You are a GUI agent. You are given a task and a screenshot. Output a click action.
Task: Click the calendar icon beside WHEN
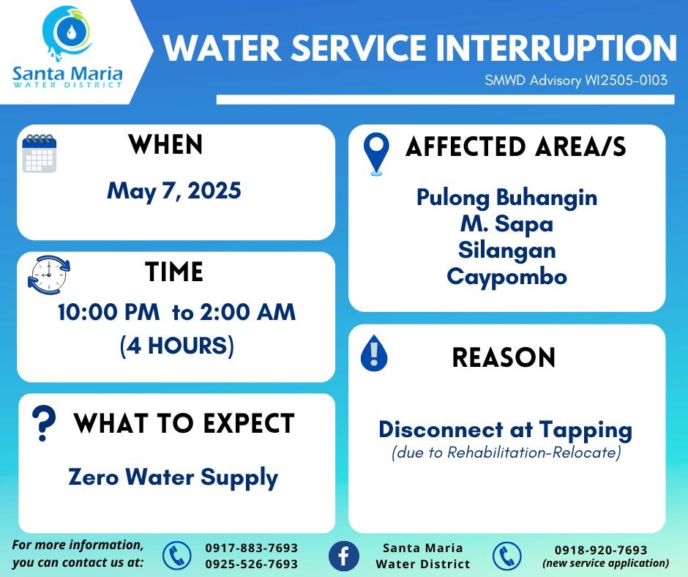tap(40, 153)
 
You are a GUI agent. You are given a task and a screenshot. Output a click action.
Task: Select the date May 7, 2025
tap(174, 191)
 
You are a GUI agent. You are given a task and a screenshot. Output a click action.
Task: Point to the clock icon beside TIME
tap(49, 275)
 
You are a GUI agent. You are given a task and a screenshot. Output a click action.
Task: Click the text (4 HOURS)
tap(177, 346)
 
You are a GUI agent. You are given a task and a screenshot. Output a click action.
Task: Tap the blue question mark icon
tap(44, 422)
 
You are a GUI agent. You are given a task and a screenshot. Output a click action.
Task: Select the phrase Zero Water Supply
tap(173, 477)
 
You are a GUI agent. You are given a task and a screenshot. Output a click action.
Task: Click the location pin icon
tap(376, 154)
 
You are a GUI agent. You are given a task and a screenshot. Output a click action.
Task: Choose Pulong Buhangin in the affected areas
tap(506, 198)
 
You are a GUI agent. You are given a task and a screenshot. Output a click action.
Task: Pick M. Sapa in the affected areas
tap(506, 224)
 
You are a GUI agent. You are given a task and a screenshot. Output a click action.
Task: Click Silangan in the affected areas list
tap(506, 250)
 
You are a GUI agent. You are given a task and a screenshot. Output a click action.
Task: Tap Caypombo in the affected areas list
tap(506, 278)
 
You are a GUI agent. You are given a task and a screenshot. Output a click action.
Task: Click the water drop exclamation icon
tap(374, 353)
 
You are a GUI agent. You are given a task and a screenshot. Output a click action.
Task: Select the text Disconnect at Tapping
tap(506, 431)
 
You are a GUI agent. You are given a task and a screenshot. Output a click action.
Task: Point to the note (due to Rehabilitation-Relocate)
tap(506, 453)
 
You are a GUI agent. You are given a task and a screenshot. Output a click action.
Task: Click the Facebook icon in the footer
tap(343, 556)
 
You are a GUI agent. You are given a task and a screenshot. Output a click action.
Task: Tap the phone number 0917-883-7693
tap(252, 548)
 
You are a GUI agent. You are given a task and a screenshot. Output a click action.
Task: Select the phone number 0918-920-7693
tap(601, 550)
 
